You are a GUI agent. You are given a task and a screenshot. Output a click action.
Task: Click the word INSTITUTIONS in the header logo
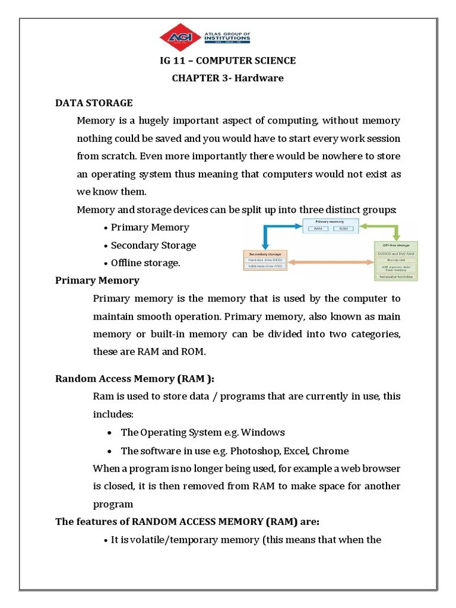pos(227,40)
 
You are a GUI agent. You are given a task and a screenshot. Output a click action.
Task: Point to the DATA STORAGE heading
pos(94,103)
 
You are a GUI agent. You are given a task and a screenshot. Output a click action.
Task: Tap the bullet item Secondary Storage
pos(153,245)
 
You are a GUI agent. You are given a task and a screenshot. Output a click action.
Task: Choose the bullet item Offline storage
pos(145,262)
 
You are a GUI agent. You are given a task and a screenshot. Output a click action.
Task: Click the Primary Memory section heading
pos(97,280)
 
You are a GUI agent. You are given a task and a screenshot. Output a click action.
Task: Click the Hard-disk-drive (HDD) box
pos(265,259)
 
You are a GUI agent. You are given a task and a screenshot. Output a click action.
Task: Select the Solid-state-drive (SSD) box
pos(265,267)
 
